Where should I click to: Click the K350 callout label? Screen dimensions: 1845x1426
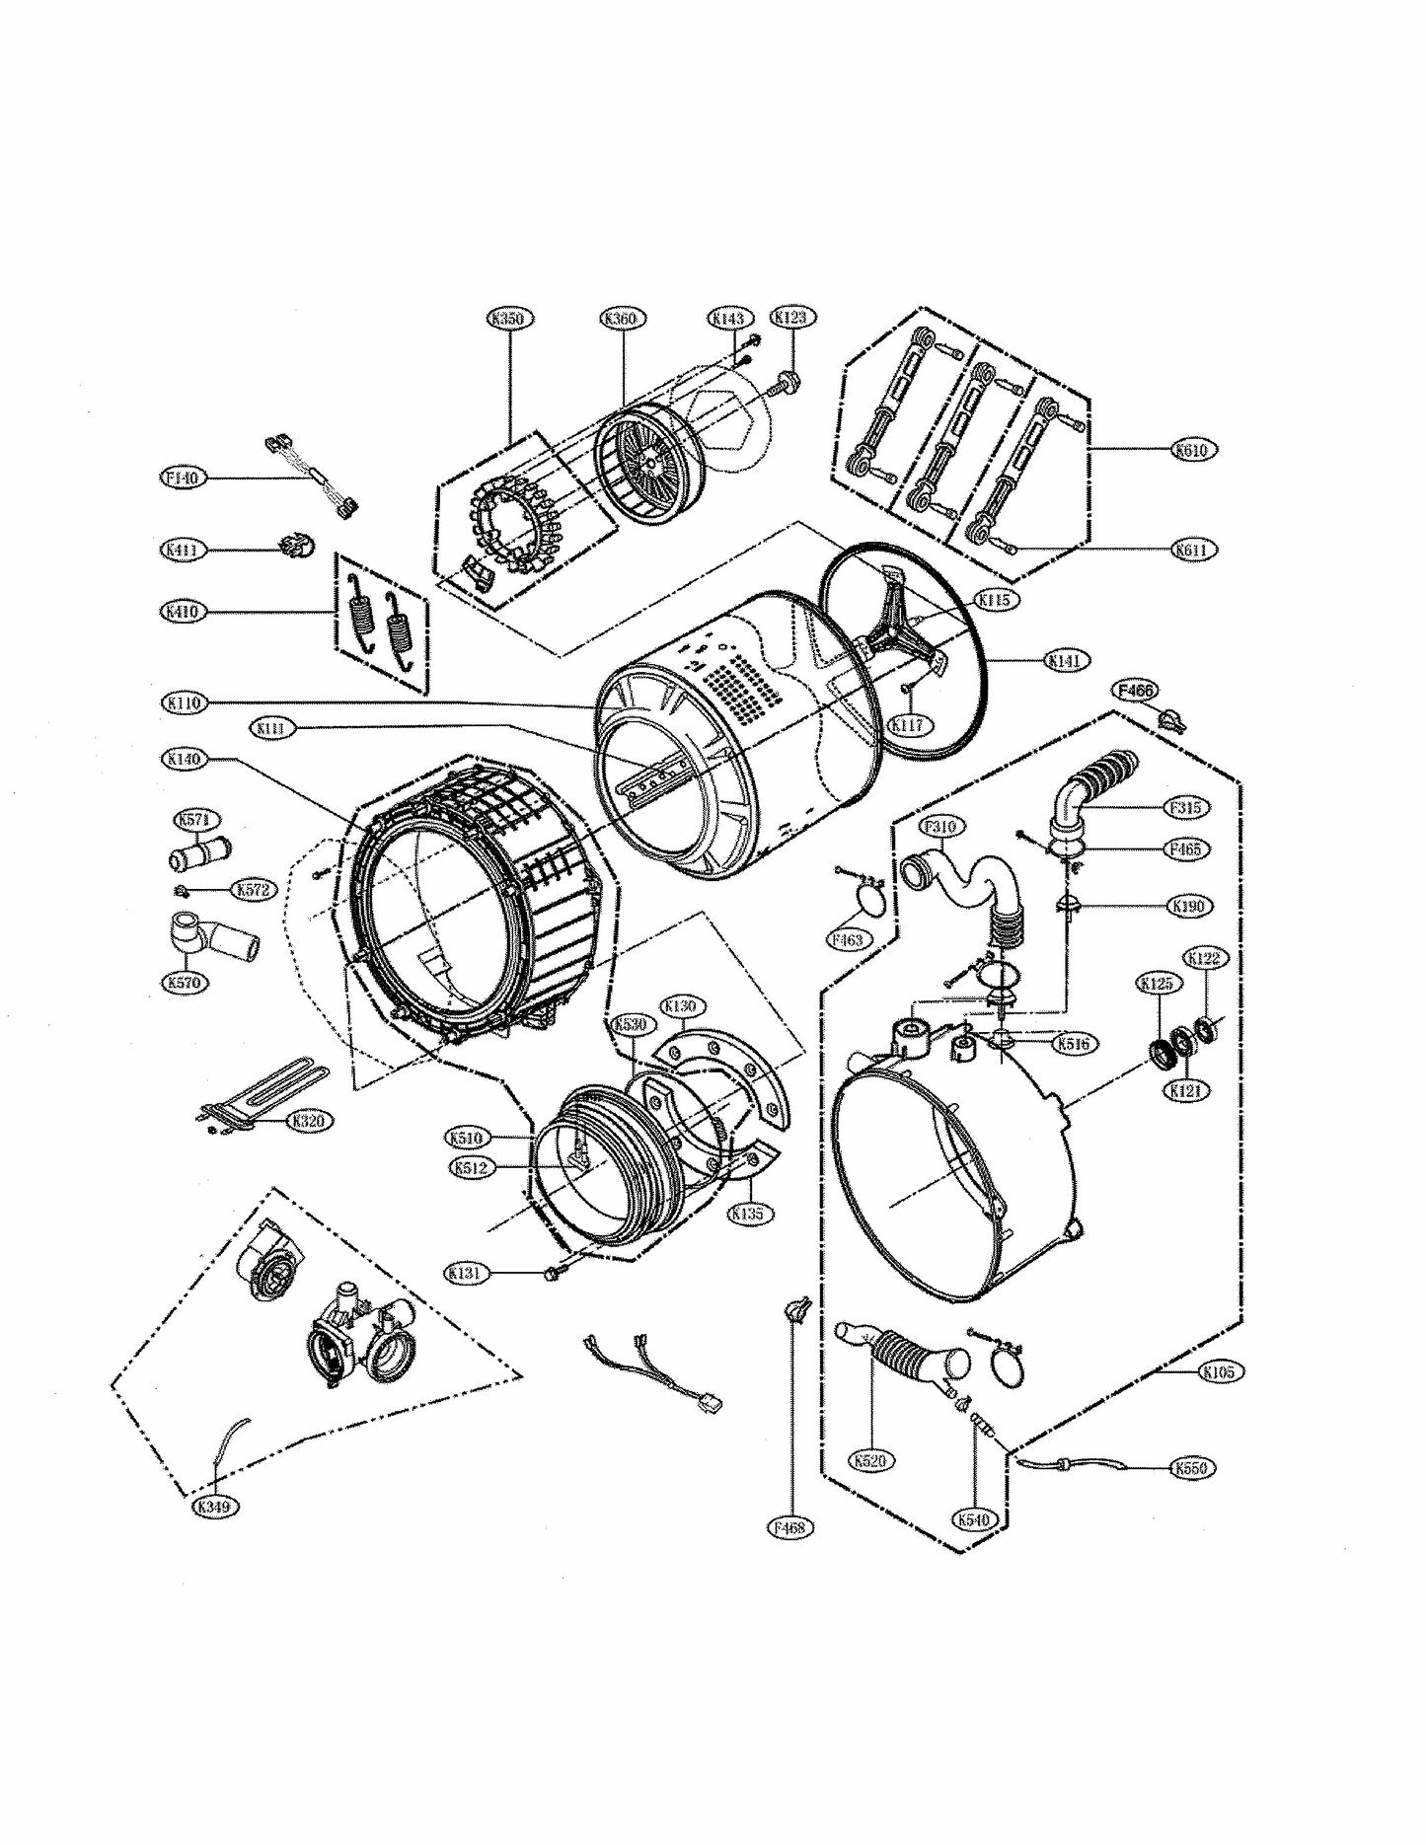(510, 318)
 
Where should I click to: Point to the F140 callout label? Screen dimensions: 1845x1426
(183, 478)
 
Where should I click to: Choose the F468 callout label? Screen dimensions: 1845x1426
(789, 1526)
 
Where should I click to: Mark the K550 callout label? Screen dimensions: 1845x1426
(1192, 1468)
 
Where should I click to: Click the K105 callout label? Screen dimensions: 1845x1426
(1222, 1371)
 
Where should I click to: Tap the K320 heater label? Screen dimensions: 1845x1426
(308, 1121)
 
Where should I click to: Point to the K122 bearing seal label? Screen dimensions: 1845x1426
(1205, 958)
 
